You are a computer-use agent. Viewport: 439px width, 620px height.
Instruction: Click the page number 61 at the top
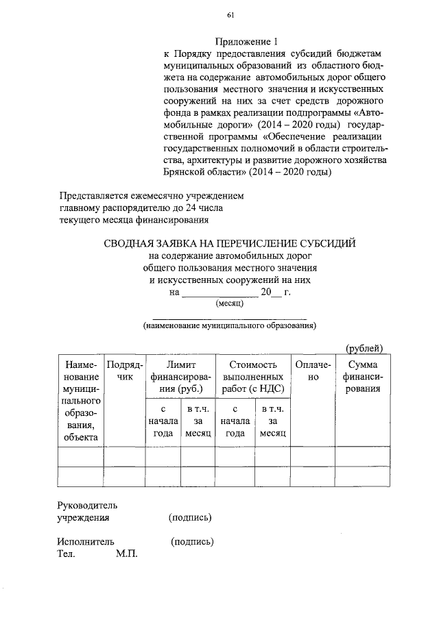[230, 15]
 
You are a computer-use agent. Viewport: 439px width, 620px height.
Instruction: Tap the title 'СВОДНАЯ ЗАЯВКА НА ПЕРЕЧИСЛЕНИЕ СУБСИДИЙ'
[230, 243]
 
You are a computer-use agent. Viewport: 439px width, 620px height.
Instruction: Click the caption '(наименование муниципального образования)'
[229, 326]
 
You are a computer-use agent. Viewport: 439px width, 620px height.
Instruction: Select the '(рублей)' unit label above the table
[364, 347]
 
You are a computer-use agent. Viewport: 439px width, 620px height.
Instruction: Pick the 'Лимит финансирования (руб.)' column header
[180, 377]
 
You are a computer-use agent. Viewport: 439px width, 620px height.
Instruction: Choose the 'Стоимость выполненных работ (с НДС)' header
[252, 377]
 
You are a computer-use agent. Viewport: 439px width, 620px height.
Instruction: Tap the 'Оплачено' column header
[313, 371]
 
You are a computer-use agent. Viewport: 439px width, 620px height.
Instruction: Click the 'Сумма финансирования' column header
[364, 377]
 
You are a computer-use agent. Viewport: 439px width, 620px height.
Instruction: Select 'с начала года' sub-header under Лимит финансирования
[163, 421]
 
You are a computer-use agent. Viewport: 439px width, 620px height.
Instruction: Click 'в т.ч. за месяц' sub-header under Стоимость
[272, 421]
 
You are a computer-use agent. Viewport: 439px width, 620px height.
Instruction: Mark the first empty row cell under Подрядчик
[124, 456]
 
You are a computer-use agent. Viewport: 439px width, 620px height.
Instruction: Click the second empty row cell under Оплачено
[313, 476]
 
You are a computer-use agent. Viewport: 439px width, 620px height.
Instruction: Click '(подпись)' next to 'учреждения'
[190, 517]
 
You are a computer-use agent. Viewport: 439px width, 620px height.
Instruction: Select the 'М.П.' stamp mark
[127, 554]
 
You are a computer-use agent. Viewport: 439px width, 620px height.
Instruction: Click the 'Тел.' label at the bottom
[66, 554]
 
